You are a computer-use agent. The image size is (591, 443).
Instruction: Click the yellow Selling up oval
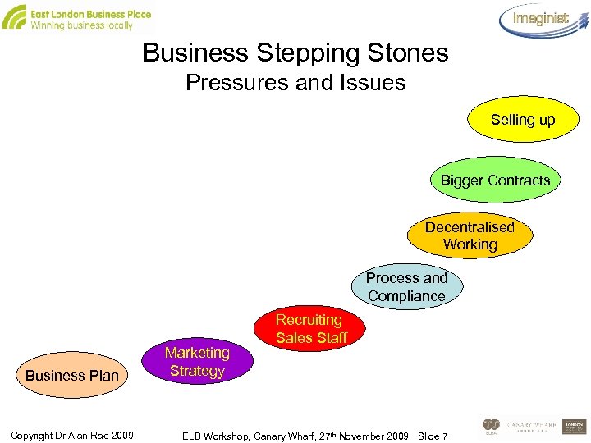tap(523, 121)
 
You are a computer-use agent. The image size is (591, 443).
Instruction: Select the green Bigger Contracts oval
tap(495, 180)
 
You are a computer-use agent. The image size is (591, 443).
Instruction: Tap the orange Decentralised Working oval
tap(469, 235)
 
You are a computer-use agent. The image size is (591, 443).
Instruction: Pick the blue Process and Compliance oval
tap(406, 287)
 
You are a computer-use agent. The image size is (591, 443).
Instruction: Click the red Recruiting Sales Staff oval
tap(310, 328)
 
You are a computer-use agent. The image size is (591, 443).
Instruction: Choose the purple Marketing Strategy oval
tap(197, 362)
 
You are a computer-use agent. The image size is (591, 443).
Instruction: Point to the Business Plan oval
tap(72, 376)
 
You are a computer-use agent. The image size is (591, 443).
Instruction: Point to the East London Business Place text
tap(90, 14)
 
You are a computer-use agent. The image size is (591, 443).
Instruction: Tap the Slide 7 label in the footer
tap(433, 435)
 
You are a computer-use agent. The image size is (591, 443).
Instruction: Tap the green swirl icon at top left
tap(14, 17)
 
